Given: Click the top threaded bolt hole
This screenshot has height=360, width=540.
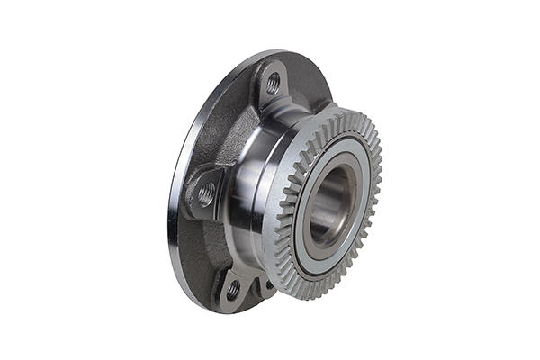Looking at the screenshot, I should (273, 84).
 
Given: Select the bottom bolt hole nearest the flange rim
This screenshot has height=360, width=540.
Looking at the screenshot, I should (233, 290).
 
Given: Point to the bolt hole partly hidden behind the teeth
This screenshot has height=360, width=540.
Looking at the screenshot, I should (267, 286).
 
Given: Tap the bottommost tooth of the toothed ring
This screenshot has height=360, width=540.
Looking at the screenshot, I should (310, 297).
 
